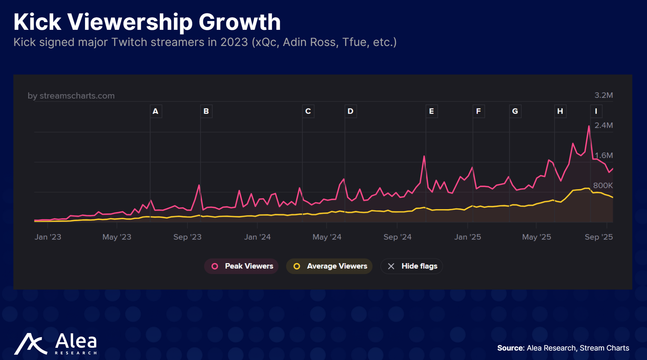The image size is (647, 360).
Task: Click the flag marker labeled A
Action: [x=156, y=111]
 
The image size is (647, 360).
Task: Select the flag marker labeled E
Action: [x=431, y=111]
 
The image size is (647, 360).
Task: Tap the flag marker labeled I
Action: [x=596, y=111]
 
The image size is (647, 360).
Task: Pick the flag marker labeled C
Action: [x=308, y=111]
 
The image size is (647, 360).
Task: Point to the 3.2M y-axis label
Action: [x=603, y=95]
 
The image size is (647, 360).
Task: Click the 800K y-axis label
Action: [x=603, y=185]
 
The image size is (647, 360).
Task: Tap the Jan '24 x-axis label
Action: [x=257, y=237]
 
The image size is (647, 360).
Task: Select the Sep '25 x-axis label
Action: [x=599, y=237]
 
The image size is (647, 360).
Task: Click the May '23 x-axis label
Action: [x=117, y=237]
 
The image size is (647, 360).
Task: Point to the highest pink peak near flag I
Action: [x=589, y=126]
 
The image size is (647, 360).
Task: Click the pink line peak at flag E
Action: [x=424, y=156]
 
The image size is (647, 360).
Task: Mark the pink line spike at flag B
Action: [x=199, y=185]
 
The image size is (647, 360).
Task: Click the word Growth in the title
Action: [x=239, y=22]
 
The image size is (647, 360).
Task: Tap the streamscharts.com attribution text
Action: [x=71, y=96]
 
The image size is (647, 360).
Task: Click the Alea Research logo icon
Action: [x=30, y=344]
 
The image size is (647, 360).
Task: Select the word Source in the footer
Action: [x=510, y=348]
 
